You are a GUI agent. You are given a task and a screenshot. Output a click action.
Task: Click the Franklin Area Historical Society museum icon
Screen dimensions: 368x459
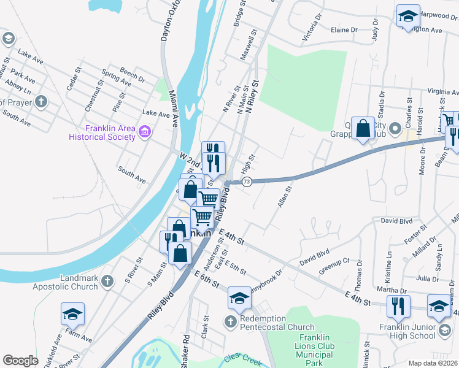(x=145, y=131)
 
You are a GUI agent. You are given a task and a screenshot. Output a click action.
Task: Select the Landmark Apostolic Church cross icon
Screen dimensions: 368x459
(x=107, y=282)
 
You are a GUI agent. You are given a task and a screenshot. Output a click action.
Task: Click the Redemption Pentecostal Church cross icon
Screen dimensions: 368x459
(x=230, y=321)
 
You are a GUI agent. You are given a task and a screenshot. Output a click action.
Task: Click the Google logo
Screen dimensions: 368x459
(x=20, y=361)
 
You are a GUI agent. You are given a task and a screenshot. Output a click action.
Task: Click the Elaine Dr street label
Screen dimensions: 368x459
(x=344, y=29)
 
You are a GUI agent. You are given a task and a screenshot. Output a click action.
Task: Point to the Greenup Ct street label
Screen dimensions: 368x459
(x=334, y=266)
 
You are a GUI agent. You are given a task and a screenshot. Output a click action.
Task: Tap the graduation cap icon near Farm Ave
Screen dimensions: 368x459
(x=72, y=314)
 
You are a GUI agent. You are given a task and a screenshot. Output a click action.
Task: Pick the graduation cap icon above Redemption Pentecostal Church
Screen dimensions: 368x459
(x=239, y=299)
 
